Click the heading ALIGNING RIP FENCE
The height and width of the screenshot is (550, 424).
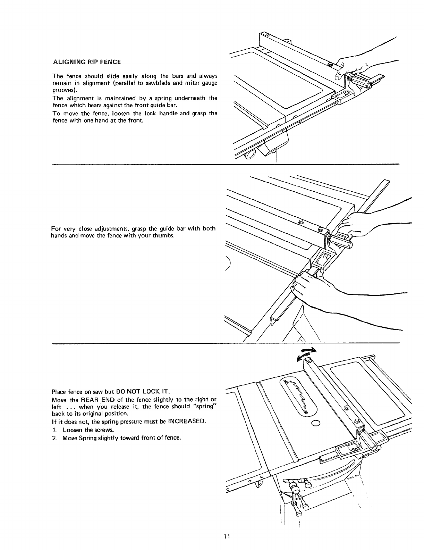pyautogui.click(x=87, y=62)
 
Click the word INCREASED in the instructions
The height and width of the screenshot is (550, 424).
pyautogui.click(x=187, y=422)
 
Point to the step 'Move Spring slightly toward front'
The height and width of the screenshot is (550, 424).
pyautogui.click(x=121, y=437)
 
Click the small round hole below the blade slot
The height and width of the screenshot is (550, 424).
pyautogui.click(x=316, y=423)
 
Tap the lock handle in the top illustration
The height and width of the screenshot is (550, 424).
pyautogui.click(x=363, y=82)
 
